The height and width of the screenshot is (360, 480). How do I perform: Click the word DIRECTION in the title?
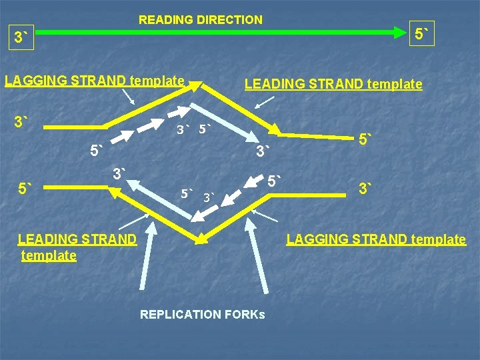click(x=229, y=20)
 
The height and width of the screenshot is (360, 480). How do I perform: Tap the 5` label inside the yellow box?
click(x=421, y=33)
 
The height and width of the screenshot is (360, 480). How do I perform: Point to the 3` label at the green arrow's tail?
click(x=23, y=38)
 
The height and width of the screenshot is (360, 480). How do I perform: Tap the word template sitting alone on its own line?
click(x=49, y=255)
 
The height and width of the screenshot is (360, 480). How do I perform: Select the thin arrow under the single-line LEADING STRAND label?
click(x=264, y=102)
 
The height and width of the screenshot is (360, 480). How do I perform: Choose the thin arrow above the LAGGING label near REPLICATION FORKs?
click(x=265, y=216)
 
